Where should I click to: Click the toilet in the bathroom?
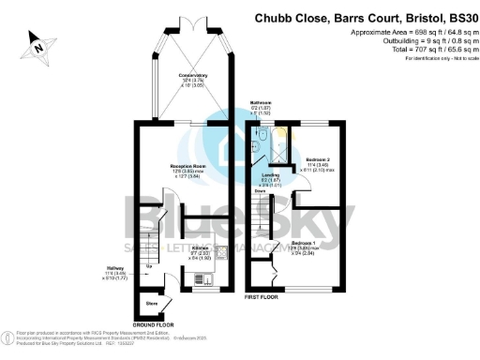[264, 134]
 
